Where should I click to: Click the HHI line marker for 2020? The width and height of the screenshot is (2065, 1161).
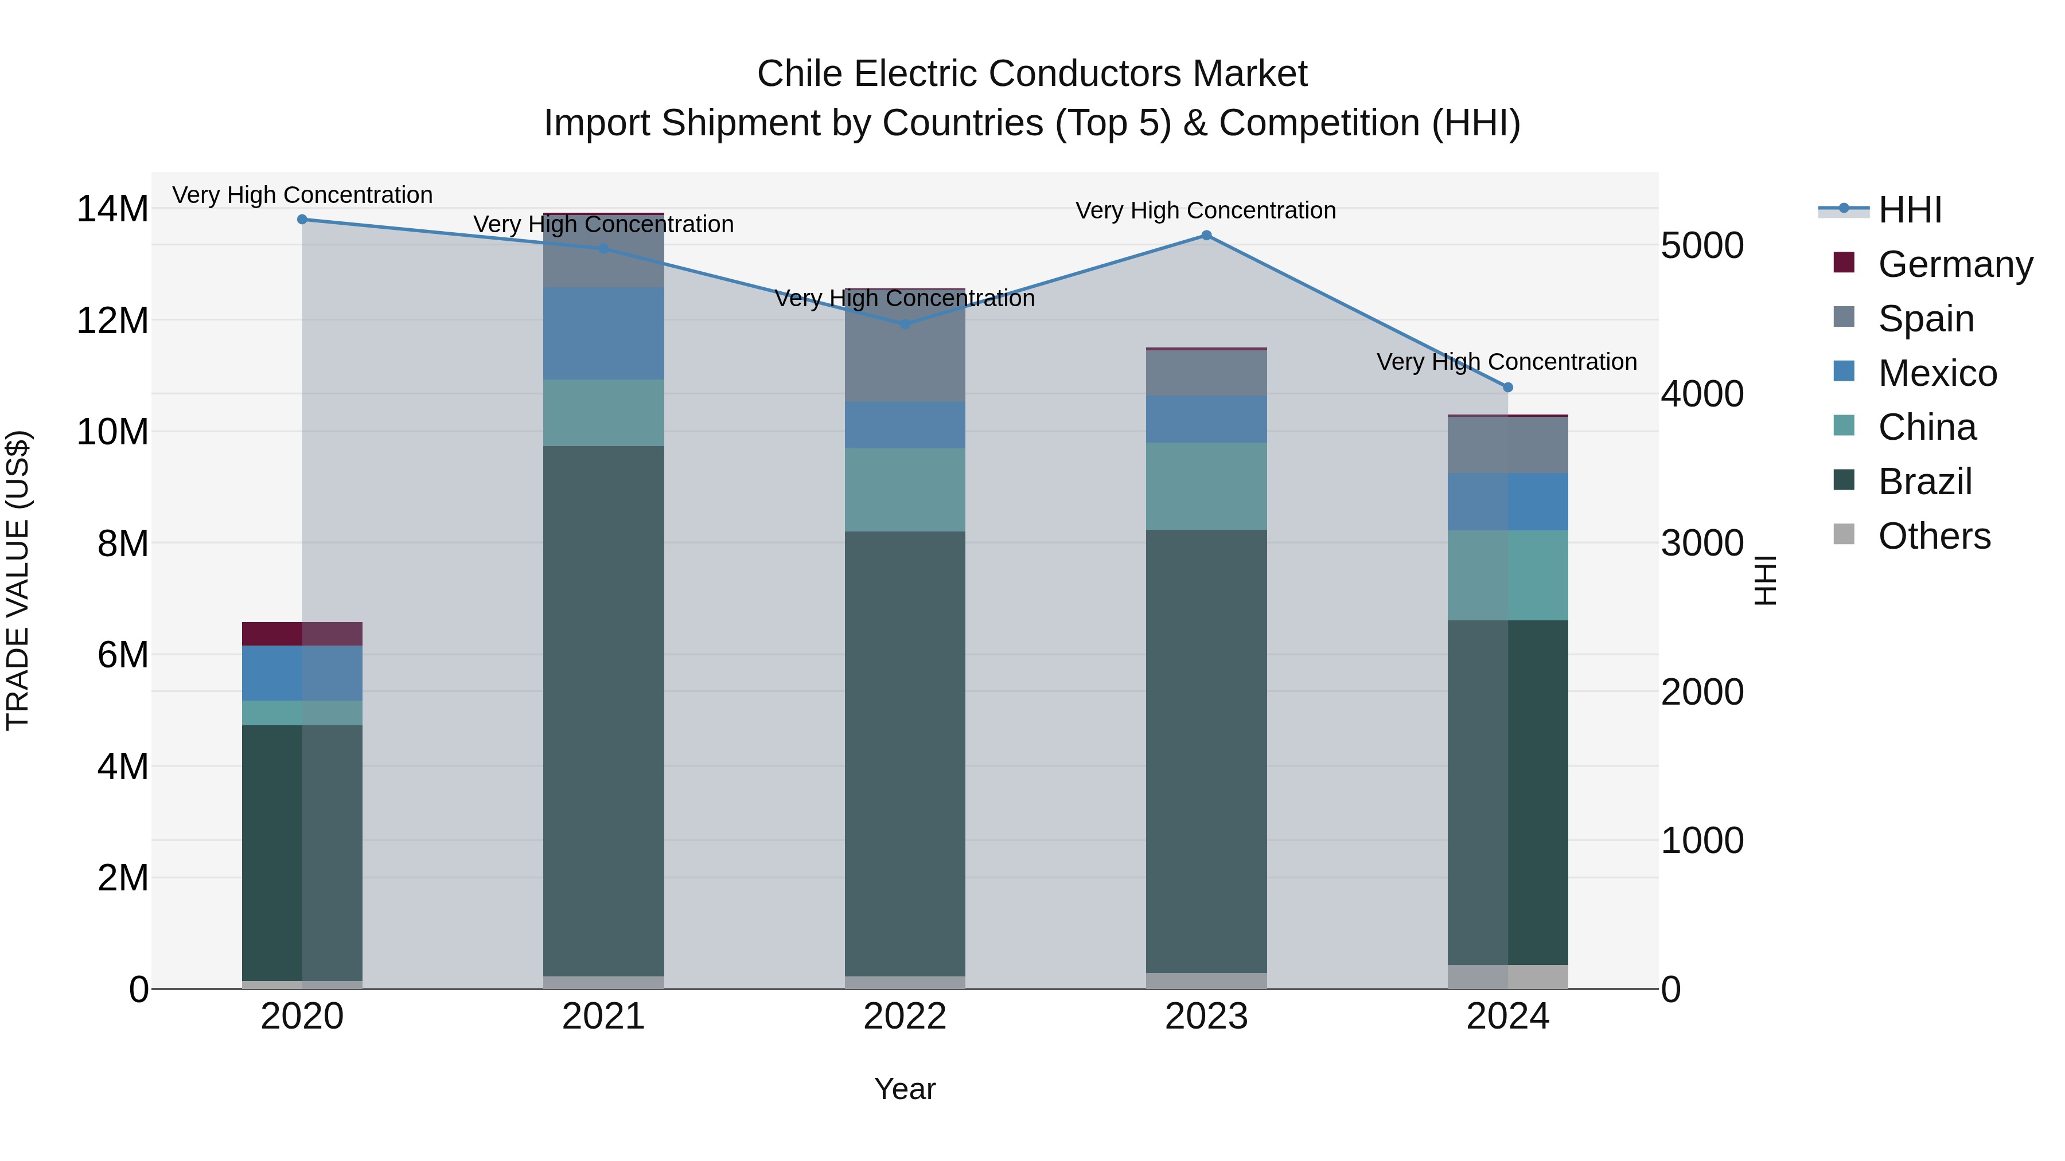tap(302, 220)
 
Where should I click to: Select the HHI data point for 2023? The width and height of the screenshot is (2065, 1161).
tap(1206, 236)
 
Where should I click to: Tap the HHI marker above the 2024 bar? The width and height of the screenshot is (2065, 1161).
tap(1508, 388)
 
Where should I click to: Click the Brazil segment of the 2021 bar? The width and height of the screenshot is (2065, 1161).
tap(603, 711)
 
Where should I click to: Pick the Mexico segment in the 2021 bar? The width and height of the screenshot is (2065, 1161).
tap(603, 333)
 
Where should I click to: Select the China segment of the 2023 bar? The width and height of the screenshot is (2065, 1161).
tap(1206, 486)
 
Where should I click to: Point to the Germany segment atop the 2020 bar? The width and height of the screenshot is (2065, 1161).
tap(302, 634)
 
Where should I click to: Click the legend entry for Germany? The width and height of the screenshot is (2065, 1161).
tap(1954, 264)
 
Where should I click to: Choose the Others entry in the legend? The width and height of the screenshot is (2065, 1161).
tap(1934, 536)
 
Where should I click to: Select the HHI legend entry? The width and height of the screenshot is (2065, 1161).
tap(1910, 210)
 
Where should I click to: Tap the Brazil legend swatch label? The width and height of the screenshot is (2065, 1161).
tap(1924, 482)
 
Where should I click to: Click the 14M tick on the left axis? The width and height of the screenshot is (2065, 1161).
tap(112, 209)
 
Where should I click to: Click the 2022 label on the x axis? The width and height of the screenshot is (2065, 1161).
tap(905, 1017)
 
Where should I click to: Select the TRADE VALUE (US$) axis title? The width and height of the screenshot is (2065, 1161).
tap(18, 580)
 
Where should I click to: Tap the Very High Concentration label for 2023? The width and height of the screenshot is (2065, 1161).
tap(1206, 211)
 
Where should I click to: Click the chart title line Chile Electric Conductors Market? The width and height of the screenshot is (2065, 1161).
tap(1032, 74)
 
